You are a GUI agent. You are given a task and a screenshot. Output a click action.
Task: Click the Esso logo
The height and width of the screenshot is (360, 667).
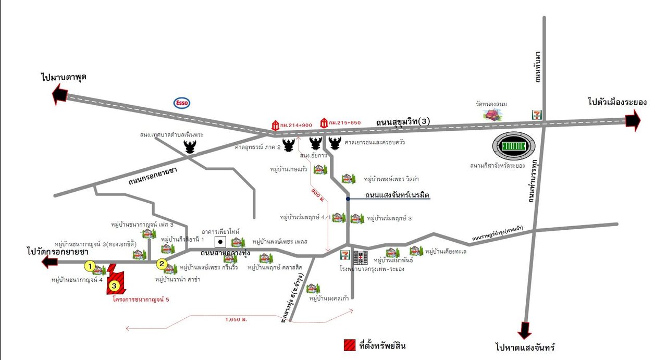point(182,103)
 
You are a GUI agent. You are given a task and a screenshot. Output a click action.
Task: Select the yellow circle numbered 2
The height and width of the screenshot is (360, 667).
point(163,264)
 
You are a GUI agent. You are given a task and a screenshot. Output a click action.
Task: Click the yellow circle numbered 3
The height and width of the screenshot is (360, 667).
point(115,285)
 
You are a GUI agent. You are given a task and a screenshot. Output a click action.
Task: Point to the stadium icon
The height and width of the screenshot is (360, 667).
point(514,146)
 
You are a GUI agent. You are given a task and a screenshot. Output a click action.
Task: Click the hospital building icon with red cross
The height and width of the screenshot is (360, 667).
point(360,257)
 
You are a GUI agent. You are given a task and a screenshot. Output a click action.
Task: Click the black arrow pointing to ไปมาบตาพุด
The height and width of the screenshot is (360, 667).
point(60,96)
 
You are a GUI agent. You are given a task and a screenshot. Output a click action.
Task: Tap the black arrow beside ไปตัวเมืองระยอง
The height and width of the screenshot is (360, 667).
point(633,121)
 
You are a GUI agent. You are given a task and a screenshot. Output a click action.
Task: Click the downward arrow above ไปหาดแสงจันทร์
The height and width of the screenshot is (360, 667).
point(525,330)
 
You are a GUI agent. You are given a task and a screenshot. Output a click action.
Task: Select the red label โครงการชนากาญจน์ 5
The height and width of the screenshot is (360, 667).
point(141,300)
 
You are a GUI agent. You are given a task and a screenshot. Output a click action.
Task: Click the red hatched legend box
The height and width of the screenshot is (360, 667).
point(349,345)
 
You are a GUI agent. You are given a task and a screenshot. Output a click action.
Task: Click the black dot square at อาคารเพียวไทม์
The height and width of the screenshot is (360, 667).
point(221,242)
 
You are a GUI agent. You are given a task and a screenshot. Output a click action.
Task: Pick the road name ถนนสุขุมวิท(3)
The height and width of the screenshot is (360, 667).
point(403,122)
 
